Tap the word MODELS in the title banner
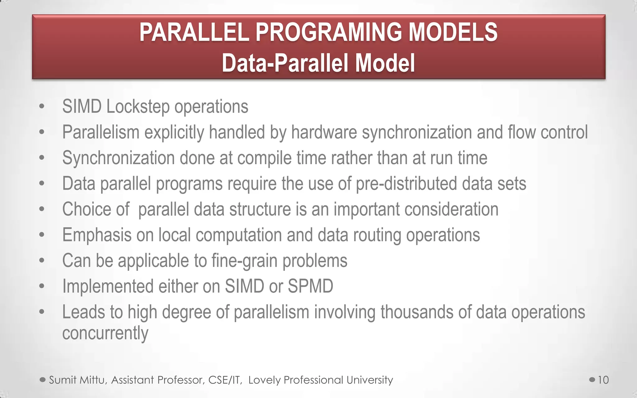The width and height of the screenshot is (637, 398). tap(453, 32)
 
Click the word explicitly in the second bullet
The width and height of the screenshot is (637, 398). tap(174, 132)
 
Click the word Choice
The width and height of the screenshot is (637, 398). tap(86, 209)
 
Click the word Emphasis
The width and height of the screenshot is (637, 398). tap(97, 235)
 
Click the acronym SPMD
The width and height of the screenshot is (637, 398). tap(310, 286)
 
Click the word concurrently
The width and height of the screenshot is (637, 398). tap(105, 333)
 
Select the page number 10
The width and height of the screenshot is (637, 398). tap(603, 380)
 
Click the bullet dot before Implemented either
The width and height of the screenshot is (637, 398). tap(42, 286)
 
